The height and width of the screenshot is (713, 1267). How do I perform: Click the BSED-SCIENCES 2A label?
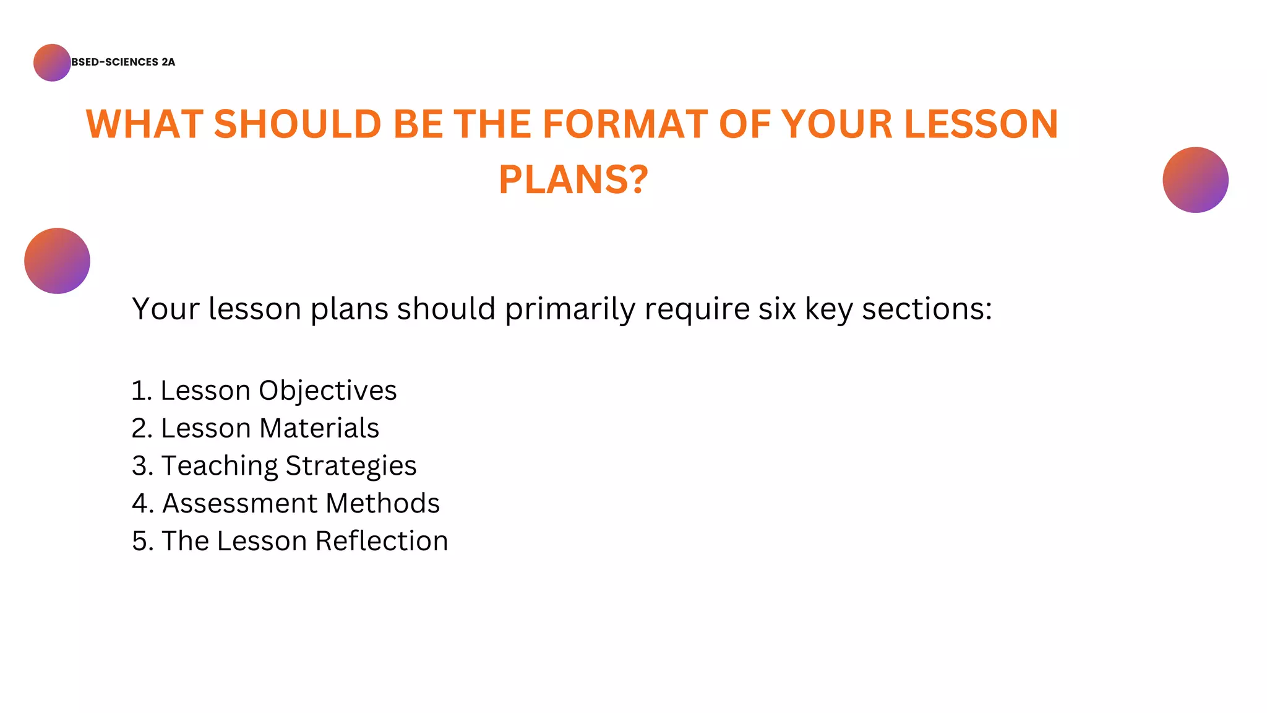tap(123, 62)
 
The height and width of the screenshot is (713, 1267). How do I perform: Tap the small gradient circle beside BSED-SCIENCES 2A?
tap(52, 63)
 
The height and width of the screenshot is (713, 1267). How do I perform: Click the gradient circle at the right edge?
tap(1195, 180)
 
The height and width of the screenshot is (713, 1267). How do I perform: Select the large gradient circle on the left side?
tap(57, 261)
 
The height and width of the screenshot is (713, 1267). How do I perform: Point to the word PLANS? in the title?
tap(573, 179)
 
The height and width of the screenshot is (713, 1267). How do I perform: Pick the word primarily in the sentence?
tap(570, 308)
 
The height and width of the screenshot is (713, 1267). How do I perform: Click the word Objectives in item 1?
tap(327, 391)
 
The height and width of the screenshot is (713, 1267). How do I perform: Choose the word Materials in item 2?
tap(319, 428)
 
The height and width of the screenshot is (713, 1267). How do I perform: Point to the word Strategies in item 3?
tap(351, 466)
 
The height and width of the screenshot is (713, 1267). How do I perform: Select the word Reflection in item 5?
tap(382, 541)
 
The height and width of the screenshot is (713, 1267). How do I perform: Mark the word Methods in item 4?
tap(382, 503)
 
